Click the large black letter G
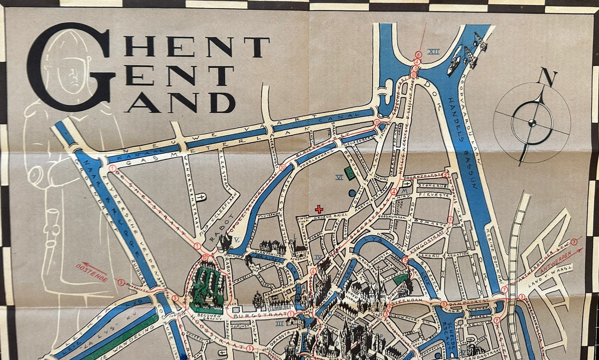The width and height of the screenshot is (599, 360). [70, 67]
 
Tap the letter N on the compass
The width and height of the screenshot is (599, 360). [548, 78]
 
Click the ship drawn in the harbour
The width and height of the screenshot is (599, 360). [454, 64]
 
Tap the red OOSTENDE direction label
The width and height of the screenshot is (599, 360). [92, 272]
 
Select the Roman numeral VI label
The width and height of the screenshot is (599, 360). [339, 177]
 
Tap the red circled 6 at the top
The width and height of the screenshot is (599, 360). [418, 54]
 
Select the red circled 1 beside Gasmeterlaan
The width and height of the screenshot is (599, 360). [113, 169]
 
